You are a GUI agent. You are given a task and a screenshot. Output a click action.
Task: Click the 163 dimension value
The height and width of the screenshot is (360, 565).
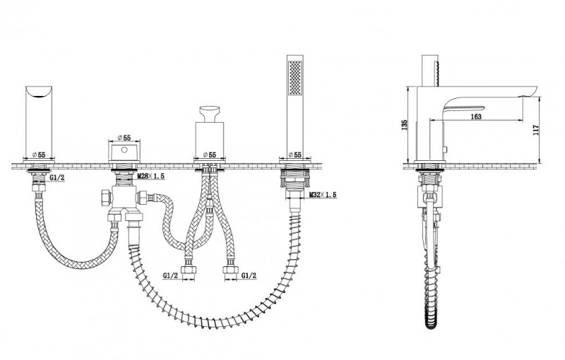476,116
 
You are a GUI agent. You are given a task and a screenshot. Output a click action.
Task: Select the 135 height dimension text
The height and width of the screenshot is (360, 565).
404,125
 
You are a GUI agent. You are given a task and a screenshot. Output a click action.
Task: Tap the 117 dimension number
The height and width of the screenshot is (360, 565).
535,130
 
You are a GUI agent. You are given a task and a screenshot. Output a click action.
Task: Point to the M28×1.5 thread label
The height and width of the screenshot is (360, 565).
151,176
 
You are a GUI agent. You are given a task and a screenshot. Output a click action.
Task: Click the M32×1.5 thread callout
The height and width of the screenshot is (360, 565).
323,195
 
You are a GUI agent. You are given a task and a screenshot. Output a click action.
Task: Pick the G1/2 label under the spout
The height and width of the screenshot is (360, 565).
56,177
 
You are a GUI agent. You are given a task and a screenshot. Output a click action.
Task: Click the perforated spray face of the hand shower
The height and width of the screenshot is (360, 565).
295,78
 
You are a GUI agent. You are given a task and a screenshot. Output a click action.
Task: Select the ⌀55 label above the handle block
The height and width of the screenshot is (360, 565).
124,138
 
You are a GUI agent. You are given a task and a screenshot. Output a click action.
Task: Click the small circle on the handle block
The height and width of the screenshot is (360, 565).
124,150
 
